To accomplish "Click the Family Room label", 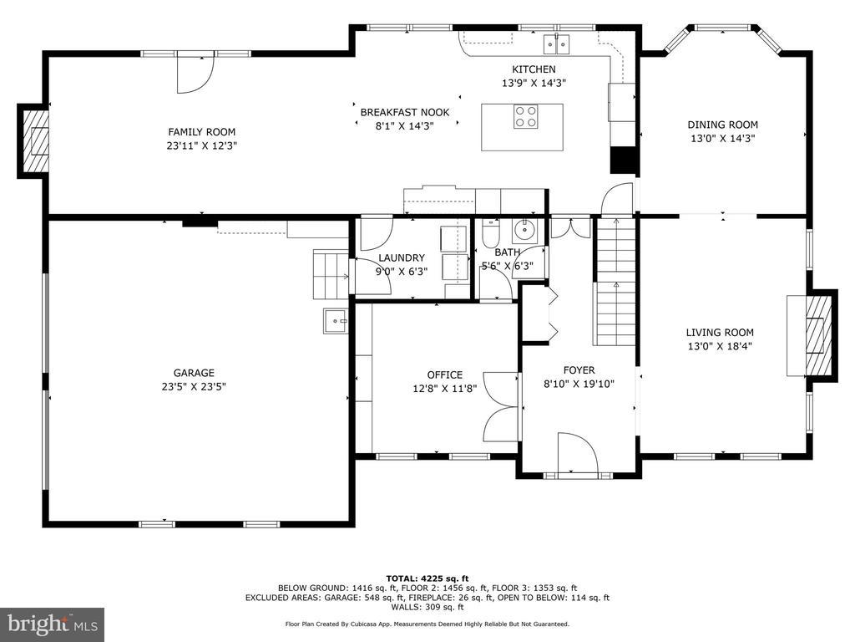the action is [202, 131].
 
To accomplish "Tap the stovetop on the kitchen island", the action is [525, 116].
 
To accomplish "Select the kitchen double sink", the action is [556, 44].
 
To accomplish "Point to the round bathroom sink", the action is [525, 229].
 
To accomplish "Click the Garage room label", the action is [194, 373].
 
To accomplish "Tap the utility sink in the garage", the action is [336, 321].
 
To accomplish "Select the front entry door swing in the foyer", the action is [578, 453].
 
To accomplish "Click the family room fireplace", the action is [33, 140].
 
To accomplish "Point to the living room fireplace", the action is [812, 336].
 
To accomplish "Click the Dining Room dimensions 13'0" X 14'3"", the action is [722, 139].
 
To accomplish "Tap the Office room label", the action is [444, 374].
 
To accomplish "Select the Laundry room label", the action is [402, 257].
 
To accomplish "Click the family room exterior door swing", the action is [195, 74].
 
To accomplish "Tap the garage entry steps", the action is [331, 274].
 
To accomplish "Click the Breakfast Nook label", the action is [405, 113].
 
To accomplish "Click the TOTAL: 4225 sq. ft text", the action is [427, 578].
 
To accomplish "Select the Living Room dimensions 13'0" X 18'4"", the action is [720, 346].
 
